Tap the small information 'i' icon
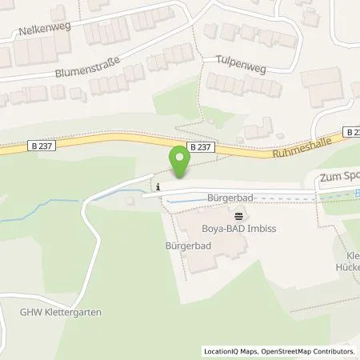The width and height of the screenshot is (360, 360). point(158,187)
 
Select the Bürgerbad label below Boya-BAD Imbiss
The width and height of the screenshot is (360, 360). point(189,246)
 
